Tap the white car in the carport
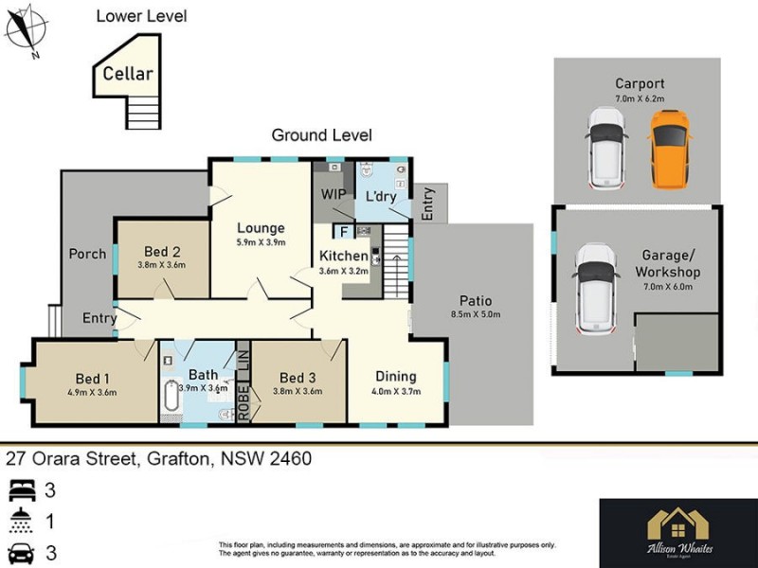[605, 149]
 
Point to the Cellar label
[128, 73]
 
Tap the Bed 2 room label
[162, 251]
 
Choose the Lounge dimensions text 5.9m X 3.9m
[261, 242]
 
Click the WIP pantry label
[334, 194]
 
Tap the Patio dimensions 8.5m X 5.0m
[477, 314]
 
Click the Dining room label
[396, 376]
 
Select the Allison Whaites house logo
[677, 524]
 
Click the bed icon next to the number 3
[22, 491]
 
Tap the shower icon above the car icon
[22, 522]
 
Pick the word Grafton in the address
[180, 459]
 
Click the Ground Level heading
[322, 135]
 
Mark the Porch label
[88, 254]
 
